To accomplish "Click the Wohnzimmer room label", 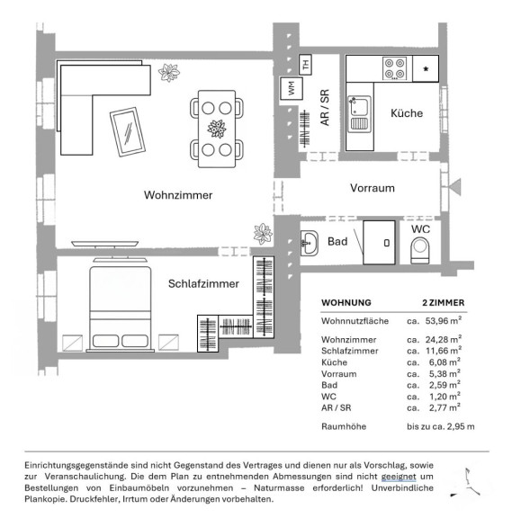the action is pyautogui.click(x=178, y=195).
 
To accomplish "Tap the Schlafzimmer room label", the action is pyautogui.click(x=203, y=283).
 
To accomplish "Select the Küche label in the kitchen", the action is pyautogui.click(x=407, y=113).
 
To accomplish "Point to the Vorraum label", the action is pyautogui.click(x=373, y=188).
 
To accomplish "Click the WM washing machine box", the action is pyautogui.click(x=292, y=88).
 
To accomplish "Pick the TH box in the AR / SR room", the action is pyautogui.click(x=305, y=64).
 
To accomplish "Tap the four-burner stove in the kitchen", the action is pyautogui.click(x=395, y=68).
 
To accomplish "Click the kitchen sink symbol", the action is pyautogui.click(x=359, y=113).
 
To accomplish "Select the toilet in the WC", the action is pyautogui.click(x=420, y=251).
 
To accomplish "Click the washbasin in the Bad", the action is pyautogui.click(x=310, y=244).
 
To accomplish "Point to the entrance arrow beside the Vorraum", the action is pyautogui.click(x=454, y=187).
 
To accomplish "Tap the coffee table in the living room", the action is pyautogui.click(x=128, y=131).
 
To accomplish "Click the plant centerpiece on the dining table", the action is pyautogui.click(x=217, y=129).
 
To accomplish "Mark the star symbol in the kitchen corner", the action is pyautogui.click(x=426, y=69).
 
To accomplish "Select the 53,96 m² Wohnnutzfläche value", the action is pyautogui.click(x=444, y=320).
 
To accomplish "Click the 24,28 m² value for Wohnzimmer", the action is pyautogui.click(x=444, y=339).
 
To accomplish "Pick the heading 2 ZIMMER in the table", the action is pyautogui.click(x=443, y=302).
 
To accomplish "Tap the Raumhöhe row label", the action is pyautogui.click(x=344, y=426).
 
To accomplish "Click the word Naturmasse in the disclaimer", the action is pyautogui.click(x=279, y=487).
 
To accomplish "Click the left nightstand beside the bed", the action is pyautogui.click(x=72, y=343).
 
